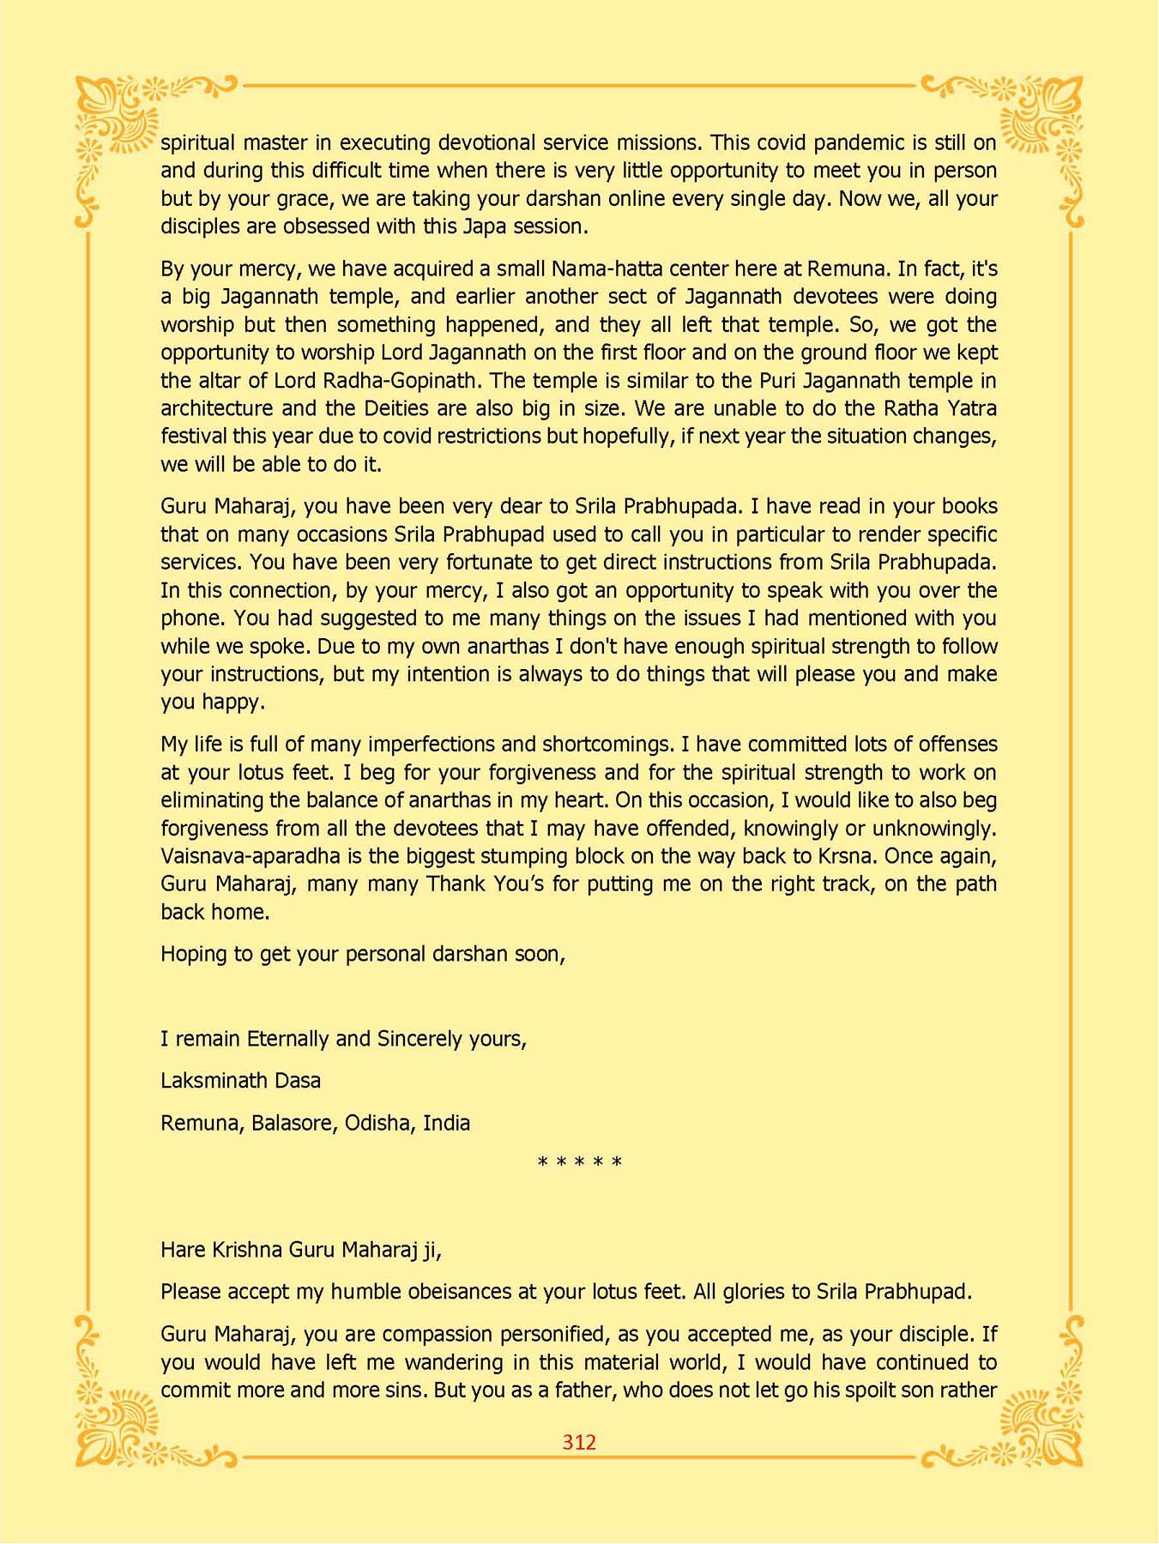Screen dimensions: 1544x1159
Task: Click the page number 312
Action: [x=579, y=1442]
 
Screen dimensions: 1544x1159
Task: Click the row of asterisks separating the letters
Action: [x=579, y=1163]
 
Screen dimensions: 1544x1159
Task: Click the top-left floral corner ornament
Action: [x=120, y=120]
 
